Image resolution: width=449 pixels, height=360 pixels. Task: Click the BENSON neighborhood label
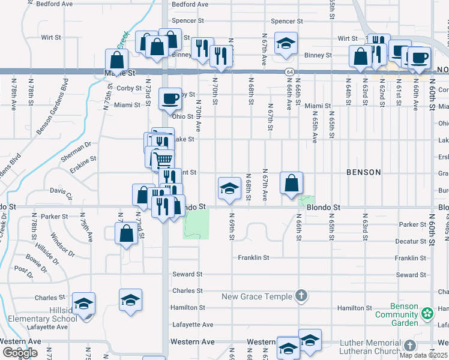363,172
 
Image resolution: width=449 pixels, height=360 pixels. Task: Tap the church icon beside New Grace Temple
301,296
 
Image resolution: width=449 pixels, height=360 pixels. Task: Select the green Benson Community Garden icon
427,313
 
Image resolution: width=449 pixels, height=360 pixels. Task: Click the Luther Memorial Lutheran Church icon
409,346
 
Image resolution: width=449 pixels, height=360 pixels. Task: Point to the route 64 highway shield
289,72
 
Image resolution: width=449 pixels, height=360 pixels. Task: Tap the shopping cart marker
163,159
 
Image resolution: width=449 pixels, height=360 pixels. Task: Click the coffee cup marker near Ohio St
170,97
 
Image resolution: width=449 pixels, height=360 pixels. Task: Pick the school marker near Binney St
286,43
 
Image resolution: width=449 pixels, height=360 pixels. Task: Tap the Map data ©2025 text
423,355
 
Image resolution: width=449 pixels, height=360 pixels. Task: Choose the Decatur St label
411,241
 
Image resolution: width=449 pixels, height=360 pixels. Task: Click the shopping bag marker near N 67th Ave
291,183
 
